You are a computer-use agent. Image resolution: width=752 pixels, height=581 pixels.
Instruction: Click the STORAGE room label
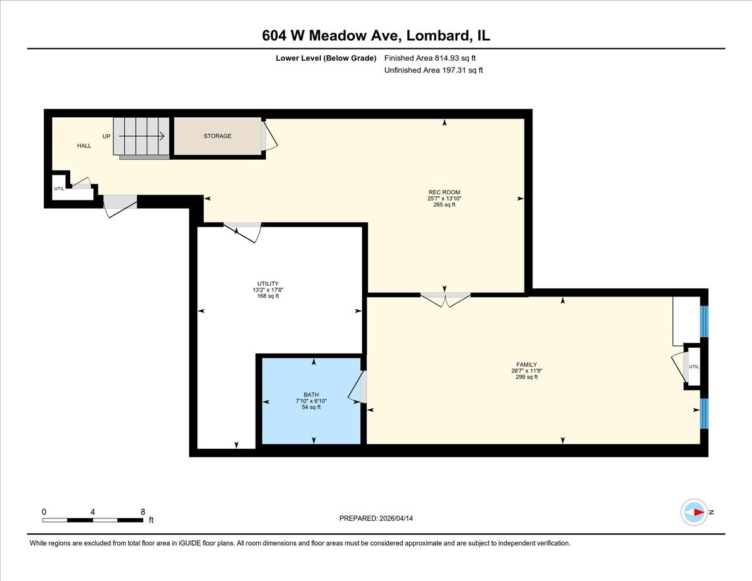pos(217,136)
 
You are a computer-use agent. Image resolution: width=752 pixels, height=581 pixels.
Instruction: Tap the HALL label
pos(84,145)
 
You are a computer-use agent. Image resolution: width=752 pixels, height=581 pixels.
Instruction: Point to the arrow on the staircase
pos(142,136)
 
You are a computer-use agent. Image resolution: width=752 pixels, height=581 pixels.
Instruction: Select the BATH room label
pos(311,394)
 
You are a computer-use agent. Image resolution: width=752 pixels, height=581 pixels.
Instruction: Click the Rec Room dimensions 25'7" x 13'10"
pos(444,198)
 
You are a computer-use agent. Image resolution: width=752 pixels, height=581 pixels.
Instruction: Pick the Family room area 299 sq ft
pos(526,377)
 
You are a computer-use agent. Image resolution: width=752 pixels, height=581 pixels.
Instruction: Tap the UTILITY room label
pos(268,283)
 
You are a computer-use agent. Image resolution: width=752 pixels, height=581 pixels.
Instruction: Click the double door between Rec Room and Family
pos(446,300)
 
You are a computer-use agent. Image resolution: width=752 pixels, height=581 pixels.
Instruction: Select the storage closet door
pos(269,135)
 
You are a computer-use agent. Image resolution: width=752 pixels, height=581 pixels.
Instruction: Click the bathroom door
pos(357,387)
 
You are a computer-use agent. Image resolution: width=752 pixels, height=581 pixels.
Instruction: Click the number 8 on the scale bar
pos(143,511)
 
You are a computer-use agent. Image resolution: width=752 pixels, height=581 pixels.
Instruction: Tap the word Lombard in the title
pos(438,35)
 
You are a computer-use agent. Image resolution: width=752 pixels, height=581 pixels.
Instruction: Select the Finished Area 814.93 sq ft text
pos(430,58)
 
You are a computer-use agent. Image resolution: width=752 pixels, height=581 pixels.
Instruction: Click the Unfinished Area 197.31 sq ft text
pos(433,70)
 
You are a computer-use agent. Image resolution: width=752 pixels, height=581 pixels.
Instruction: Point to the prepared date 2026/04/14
pos(396,518)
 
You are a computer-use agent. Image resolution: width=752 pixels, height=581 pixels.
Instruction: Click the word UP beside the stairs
pos(107,137)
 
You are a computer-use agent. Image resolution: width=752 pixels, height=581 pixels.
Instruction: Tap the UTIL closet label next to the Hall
pos(59,189)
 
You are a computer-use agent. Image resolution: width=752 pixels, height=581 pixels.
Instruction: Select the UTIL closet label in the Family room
pos(694,367)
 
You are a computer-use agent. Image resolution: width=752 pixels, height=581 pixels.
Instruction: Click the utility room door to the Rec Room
pos(243,233)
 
